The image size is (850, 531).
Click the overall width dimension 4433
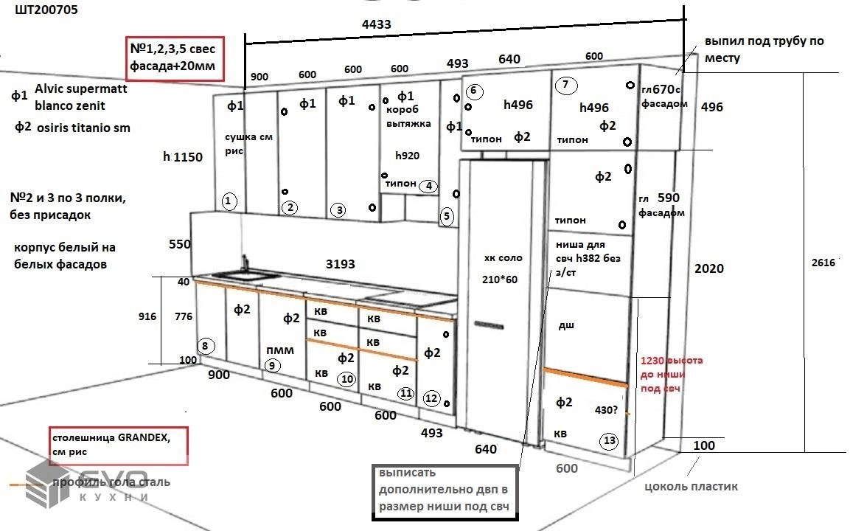[376, 24]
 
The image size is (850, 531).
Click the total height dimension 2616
[823, 263]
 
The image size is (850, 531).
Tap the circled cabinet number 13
[609, 441]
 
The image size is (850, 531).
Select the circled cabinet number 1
[229, 201]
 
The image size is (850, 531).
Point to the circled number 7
[565, 84]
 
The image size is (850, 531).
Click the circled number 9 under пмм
[272, 364]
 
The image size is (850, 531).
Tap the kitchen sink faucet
[244, 263]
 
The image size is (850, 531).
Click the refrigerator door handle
[488, 324]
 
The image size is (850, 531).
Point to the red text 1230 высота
[672, 361]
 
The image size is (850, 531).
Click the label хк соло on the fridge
[503, 258]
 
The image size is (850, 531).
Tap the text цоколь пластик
[691, 486]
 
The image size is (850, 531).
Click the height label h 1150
[183, 156]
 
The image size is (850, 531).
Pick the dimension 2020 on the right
[709, 269]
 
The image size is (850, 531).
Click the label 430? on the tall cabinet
[607, 409]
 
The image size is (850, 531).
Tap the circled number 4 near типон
[428, 187]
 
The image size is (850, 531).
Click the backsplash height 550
[179, 244]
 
